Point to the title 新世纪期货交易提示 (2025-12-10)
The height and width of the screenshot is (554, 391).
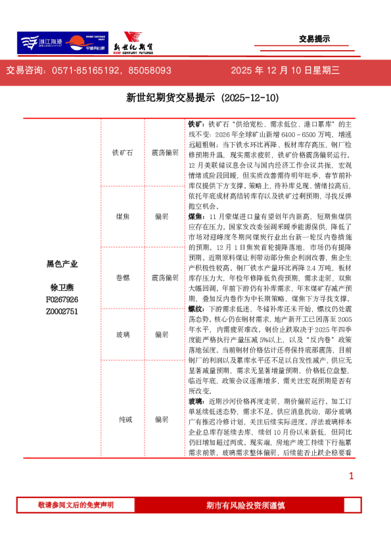[202, 98]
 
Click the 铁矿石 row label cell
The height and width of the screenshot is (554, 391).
[122, 153]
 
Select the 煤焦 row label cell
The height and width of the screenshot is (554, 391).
[122, 216]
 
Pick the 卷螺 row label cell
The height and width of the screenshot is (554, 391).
[122, 278]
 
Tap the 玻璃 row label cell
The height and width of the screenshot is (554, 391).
[122, 334]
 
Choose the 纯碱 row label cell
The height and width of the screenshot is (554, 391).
[122, 418]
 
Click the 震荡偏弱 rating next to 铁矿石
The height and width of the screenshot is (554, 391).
[164, 153]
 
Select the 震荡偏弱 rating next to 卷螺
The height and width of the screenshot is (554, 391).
[164, 278]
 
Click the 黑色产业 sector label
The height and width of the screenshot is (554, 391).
[62, 264]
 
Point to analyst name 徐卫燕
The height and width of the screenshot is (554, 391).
[62, 288]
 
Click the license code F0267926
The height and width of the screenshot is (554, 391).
[62, 299]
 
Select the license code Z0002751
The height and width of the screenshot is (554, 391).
[62, 311]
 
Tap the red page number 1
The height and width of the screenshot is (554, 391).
[351, 476]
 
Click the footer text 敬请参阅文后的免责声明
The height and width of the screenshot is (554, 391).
[76, 505]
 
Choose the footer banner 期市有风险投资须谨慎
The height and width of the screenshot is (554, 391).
[245, 505]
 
